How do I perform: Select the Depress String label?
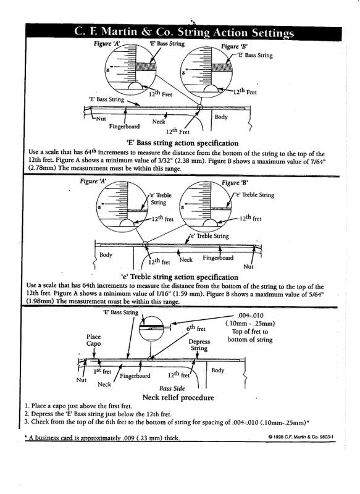(x=199, y=345)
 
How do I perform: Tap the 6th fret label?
(x=196, y=330)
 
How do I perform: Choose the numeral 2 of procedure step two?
(x=27, y=413)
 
